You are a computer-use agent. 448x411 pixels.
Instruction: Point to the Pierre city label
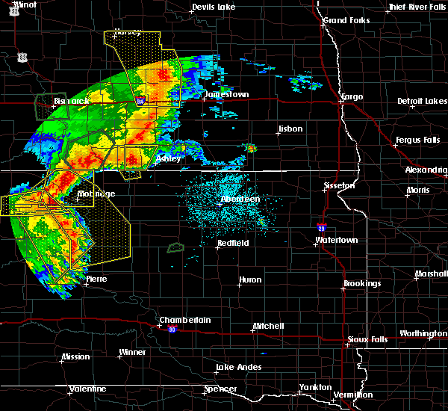click(x=96, y=279)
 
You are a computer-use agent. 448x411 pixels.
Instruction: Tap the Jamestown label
click(x=226, y=95)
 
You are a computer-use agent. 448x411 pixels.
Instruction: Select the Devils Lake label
click(x=214, y=7)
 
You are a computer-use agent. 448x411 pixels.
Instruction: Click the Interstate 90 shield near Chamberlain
click(x=172, y=329)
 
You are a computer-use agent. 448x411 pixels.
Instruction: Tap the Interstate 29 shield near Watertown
click(x=321, y=228)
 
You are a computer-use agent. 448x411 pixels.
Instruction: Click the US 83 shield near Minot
click(x=24, y=56)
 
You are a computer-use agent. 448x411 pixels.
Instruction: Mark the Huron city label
click(x=250, y=280)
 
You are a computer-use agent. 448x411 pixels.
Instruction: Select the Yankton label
click(x=314, y=387)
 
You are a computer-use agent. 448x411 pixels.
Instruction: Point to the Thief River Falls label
click(x=417, y=7)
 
